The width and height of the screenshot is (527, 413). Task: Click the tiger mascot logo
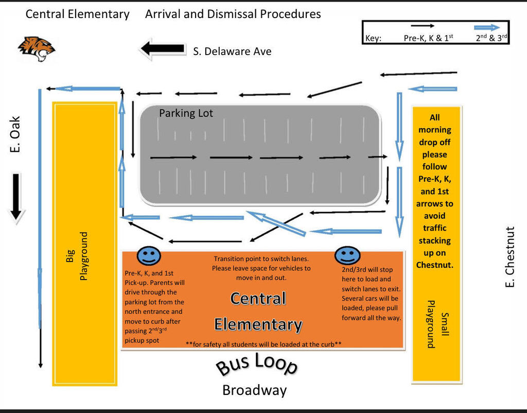click(37, 49)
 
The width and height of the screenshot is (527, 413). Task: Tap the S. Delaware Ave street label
click(232, 51)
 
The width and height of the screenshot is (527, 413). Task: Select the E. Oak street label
click(15, 134)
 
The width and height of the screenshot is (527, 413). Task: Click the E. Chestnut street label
click(510, 257)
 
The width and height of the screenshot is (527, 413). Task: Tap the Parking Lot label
click(186, 113)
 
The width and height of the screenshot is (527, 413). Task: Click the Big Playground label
click(77, 256)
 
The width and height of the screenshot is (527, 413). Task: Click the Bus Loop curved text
click(256, 364)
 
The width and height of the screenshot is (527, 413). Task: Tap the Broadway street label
click(254, 390)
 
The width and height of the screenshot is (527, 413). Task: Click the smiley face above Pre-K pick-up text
click(149, 256)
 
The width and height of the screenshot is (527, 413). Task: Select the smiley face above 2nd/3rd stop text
click(347, 255)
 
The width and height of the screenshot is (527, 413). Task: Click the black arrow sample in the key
click(423, 26)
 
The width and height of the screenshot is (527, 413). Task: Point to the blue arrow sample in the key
click(487, 28)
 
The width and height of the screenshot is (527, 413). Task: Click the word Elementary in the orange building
click(258, 324)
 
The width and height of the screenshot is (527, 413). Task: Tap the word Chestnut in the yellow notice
click(434, 265)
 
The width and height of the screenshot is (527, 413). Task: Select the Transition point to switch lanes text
click(261, 259)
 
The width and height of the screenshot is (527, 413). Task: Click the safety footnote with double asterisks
click(263, 344)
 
